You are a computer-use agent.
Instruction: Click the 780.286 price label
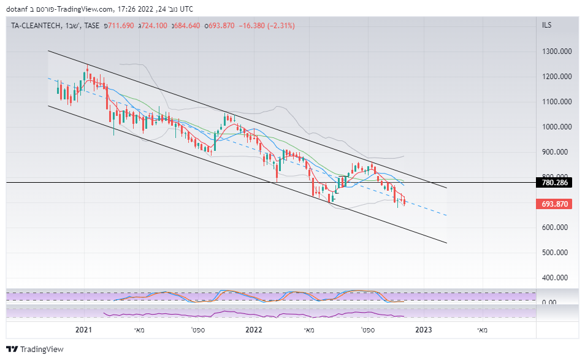pos(556,182)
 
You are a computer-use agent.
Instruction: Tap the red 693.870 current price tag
pos(556,204)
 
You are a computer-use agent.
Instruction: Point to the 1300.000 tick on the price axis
pos(557,52)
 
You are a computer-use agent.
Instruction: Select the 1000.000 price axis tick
pos(557,127)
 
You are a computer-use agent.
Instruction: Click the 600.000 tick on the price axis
pos(557,228)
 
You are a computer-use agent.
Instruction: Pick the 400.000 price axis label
pos(557,278)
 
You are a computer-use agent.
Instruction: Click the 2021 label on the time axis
pos(83,330)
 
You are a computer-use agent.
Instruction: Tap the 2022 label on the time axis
pos(254,330)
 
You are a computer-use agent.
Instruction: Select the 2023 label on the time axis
pos(424,330)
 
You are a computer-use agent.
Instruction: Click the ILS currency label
pos(547,25)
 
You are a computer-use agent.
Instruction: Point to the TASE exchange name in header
pos(93,26)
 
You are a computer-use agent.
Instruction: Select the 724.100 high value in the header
pos(153,26)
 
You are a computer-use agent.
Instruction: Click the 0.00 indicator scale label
pos(549,302)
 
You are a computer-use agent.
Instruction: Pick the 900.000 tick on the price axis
pos(557,152)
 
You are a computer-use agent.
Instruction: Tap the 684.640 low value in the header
pos(187,26)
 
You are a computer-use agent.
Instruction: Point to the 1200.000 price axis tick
pos(557,77)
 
